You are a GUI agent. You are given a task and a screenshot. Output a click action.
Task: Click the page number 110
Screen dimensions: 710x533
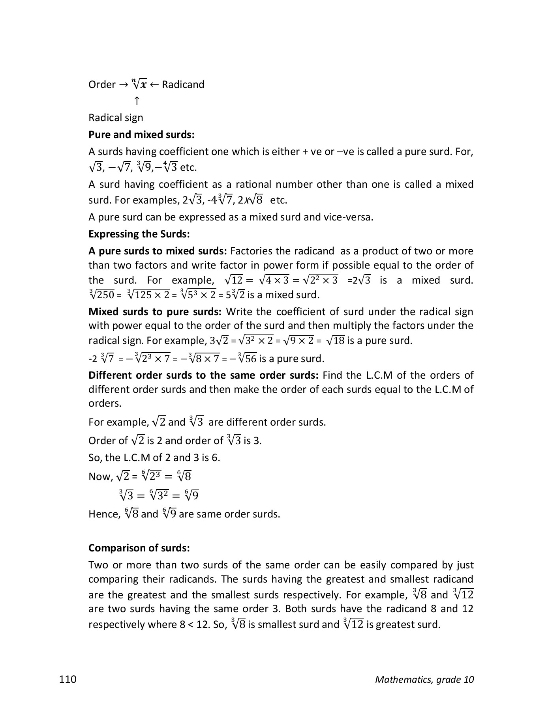coord(68,679)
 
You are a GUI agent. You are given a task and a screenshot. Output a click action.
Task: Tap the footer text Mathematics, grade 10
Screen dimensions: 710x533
coord(424,679)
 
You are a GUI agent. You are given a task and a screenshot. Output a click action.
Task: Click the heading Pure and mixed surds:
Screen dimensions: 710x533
coord(141,135)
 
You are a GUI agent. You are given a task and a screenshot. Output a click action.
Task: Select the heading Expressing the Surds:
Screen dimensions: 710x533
coord(139,234)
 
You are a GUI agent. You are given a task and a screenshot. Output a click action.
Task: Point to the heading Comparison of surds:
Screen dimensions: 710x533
coord(139,548)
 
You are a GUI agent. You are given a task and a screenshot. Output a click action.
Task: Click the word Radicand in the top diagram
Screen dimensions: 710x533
coord(183,84)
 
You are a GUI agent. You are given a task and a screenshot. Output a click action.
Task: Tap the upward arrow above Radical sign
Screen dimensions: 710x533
coord(137,101)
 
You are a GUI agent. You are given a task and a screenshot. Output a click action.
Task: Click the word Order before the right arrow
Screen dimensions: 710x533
coord(102,84)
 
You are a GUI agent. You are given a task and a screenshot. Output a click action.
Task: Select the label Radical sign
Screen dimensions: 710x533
coord(116,118)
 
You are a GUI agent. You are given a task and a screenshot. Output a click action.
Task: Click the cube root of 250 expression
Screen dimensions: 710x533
coord(101,295)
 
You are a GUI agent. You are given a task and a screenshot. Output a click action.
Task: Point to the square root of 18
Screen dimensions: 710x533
coord(334,340)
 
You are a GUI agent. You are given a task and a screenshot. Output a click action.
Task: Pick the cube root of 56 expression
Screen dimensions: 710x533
coord(247,359)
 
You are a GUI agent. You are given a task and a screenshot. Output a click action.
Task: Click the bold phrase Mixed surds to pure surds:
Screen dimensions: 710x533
coord(155,312)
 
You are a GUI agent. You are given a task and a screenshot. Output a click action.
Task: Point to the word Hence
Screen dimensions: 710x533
coord(103,514)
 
